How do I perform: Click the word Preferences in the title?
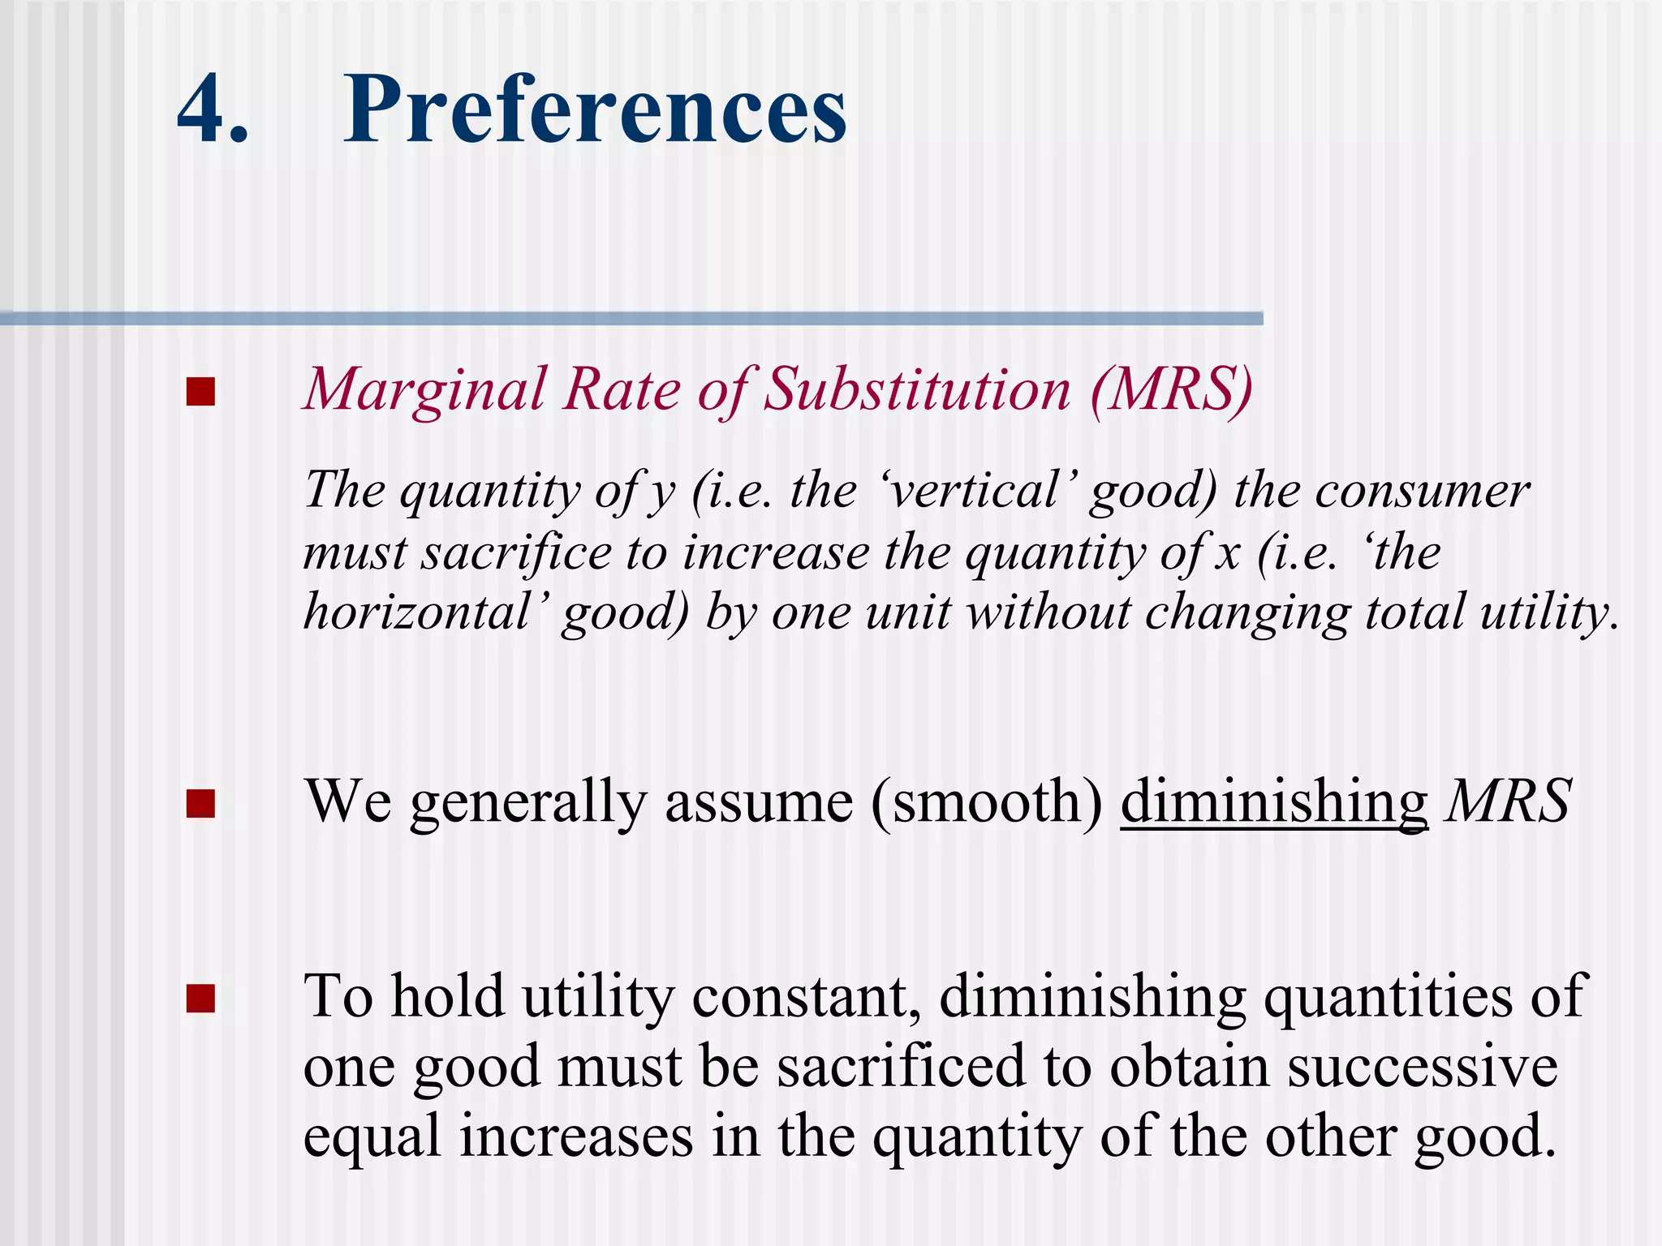pos(595,110)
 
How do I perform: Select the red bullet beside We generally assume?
pos(200,804)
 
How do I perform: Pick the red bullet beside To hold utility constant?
pos(200,999)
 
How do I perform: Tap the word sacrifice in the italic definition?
pos(516,553)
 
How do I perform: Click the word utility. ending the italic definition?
pos(1548,612)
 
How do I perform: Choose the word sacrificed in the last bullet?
pos(901,1066)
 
